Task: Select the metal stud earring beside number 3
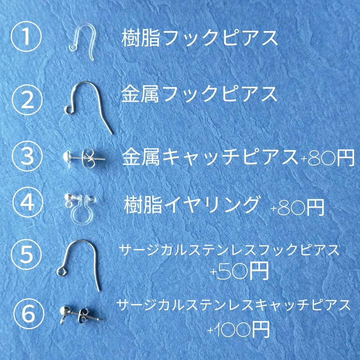pyautogui.click(x=83, y=156)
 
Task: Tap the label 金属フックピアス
pyautogui.click(x=199, y=95)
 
